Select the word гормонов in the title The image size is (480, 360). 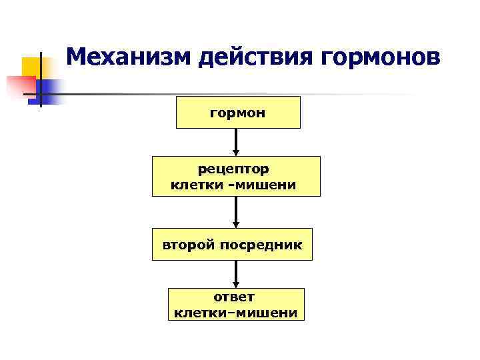(x=381, y=58)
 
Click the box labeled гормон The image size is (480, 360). (x=238, y=112)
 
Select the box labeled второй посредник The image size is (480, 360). (x=232, y=245)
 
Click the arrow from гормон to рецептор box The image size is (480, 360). (x=236, y=141)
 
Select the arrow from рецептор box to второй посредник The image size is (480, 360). (x=236, y=212)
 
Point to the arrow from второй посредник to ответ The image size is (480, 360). (x=236, y=273)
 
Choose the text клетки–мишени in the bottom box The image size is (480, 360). (x=235, y=312)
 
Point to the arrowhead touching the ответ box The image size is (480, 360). (x=236, y=284)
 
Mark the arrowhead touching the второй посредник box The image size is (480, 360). (x=236, y=225)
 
